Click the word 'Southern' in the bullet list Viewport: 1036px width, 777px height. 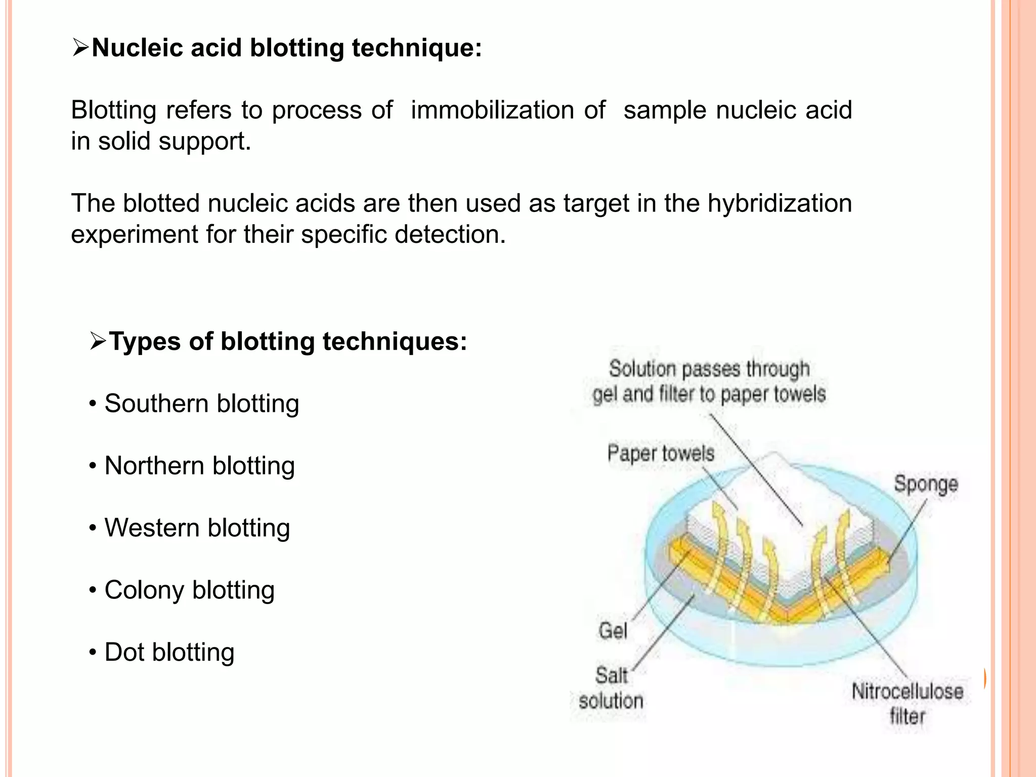point(156,404)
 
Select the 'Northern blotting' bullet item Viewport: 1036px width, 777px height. point(199,466)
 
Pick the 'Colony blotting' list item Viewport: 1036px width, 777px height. point(189,590)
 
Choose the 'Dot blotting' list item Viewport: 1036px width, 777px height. point(169,653)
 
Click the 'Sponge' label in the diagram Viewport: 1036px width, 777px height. point(926,484)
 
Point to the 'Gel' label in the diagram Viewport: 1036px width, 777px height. point(613,631)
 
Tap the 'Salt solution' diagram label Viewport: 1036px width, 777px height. point(611,688)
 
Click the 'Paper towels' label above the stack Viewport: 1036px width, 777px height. point(661,453)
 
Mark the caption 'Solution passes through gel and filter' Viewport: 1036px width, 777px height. point(709,381)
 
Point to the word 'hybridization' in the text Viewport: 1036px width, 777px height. point(780,203)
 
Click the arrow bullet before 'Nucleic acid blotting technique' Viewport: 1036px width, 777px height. point(80,48)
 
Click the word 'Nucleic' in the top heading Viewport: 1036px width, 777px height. point(137,48)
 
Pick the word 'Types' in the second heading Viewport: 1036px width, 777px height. point(145,341)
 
